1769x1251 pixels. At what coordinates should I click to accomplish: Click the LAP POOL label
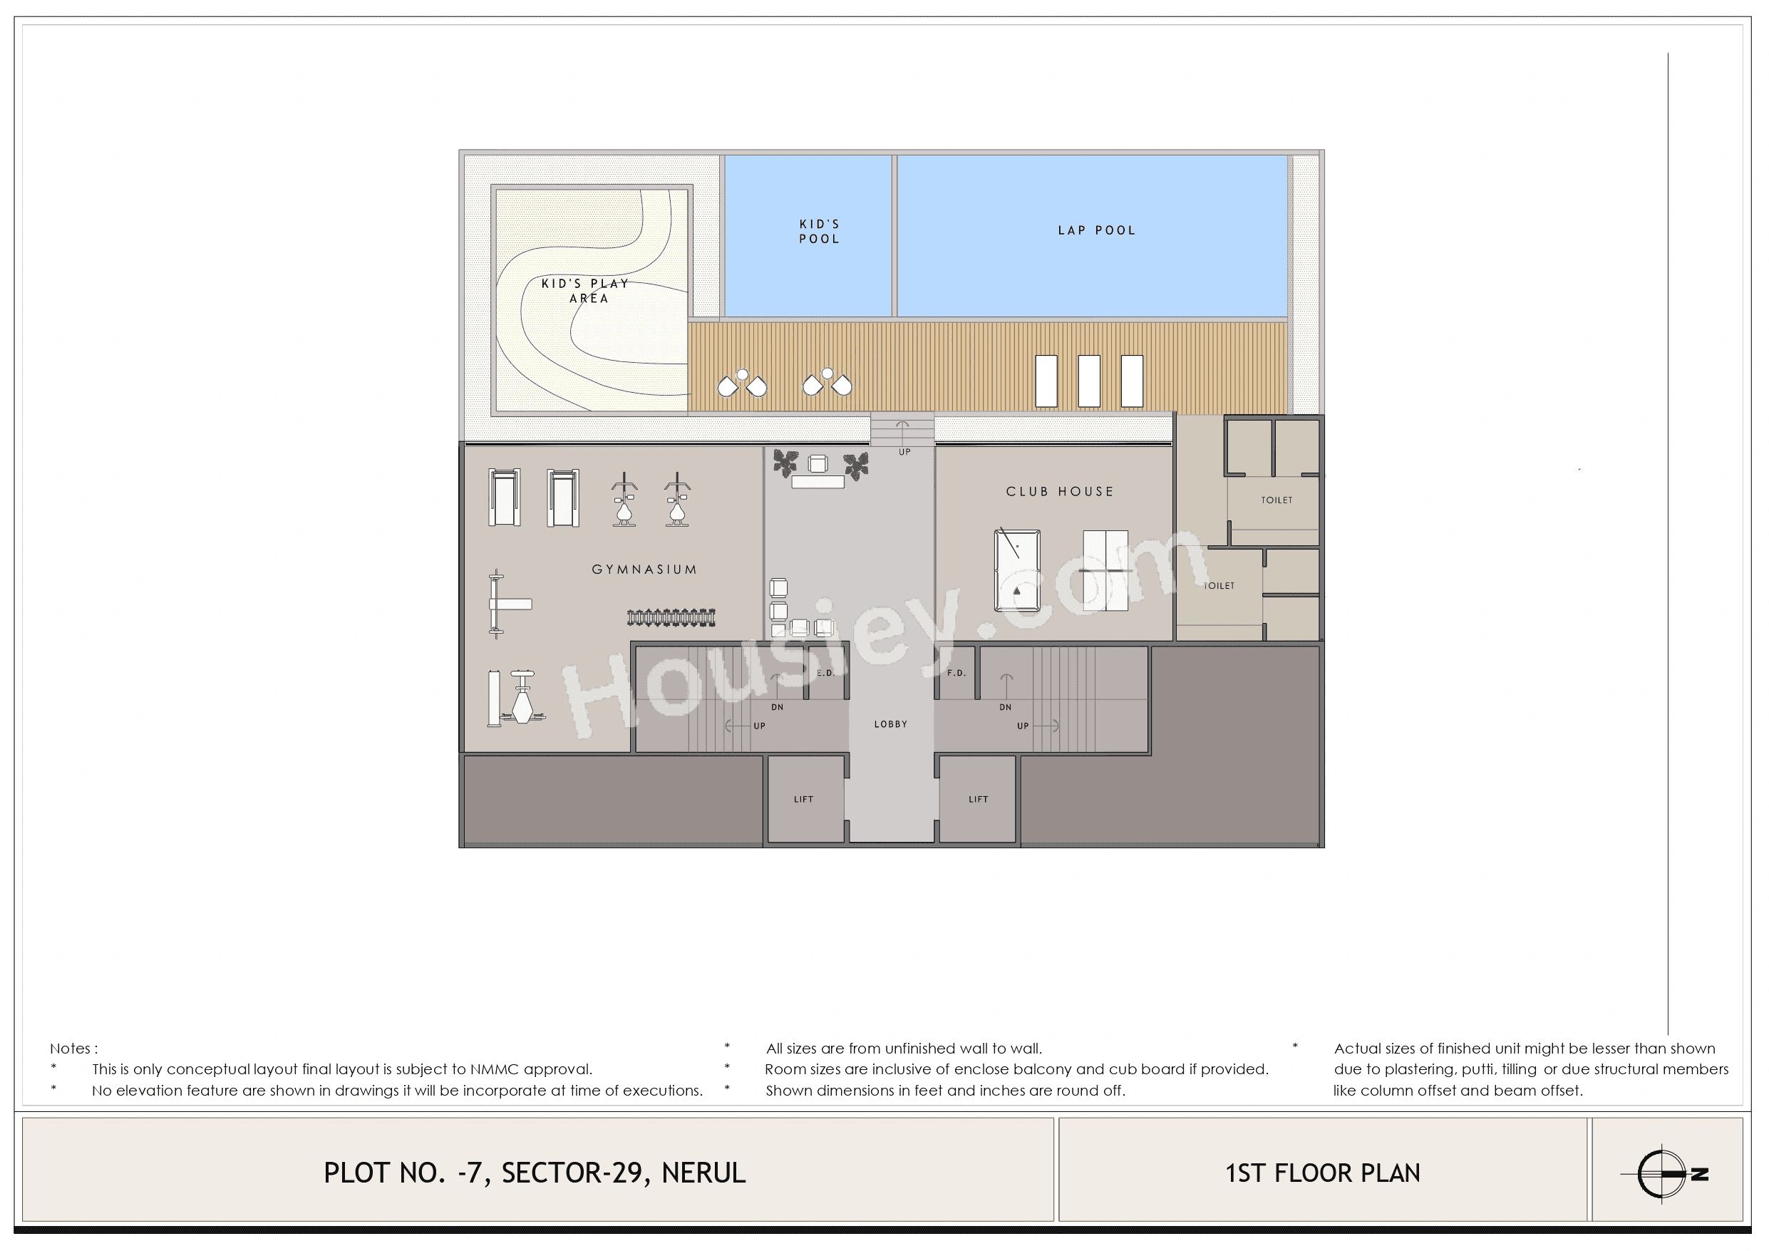tap(1095, 230)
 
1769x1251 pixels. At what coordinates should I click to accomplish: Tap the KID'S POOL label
tap(818, 231)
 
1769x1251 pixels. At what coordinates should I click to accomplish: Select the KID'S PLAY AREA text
tap(586, 291)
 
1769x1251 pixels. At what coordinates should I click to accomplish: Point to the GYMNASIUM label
tap(644, 570)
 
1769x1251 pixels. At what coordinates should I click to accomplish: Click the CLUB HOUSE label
tap(1059, 492)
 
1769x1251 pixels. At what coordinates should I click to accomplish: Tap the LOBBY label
tap(891, 724)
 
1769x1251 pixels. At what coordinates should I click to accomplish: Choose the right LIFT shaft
tap(978, 799)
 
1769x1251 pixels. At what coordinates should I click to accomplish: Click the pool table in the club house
tap(1017, 570)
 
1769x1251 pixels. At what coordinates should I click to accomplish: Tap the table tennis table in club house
tap(1105, 570)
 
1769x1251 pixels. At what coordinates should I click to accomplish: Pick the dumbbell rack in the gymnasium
tap(671, 617)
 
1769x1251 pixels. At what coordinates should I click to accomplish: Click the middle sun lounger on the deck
tap(1088, 381)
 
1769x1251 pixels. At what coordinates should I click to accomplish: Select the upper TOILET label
tap(1276, 500)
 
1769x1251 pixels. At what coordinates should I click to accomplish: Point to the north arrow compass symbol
tap(1663, 1174)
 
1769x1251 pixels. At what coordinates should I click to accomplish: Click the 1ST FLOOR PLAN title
tap(1322, 1173)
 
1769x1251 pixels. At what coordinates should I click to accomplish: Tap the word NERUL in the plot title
tap(703, 1173)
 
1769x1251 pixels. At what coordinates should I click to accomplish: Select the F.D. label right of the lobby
tap(956, 673)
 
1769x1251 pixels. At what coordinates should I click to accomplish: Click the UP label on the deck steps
tap(904, 452)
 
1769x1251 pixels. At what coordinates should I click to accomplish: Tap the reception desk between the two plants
tap(818, 482)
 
